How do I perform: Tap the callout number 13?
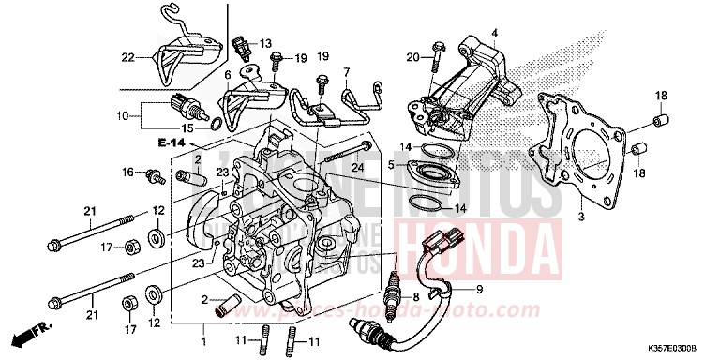266,43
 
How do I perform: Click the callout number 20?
412,58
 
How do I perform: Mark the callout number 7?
346,71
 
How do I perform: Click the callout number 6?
227,73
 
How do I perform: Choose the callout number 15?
187,128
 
